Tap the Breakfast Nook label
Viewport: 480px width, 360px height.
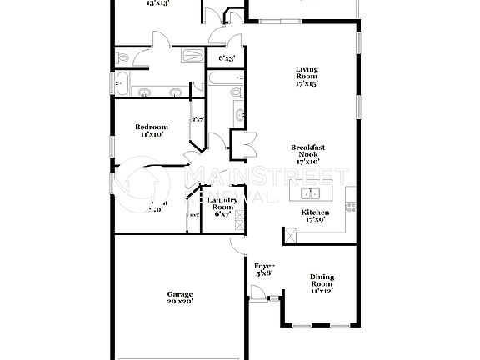coord(307,154)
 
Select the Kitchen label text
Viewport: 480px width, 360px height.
coord(315,212)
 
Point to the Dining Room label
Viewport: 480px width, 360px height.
coord(322,283)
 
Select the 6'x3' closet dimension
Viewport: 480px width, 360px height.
coord(227,58)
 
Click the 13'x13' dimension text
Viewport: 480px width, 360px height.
coord(158,3)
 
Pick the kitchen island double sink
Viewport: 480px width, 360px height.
coord(311,195)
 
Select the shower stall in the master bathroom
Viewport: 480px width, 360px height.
coord(192,57)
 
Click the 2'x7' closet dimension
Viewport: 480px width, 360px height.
coord(197,120)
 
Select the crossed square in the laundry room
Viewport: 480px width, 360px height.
coord(239,220)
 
